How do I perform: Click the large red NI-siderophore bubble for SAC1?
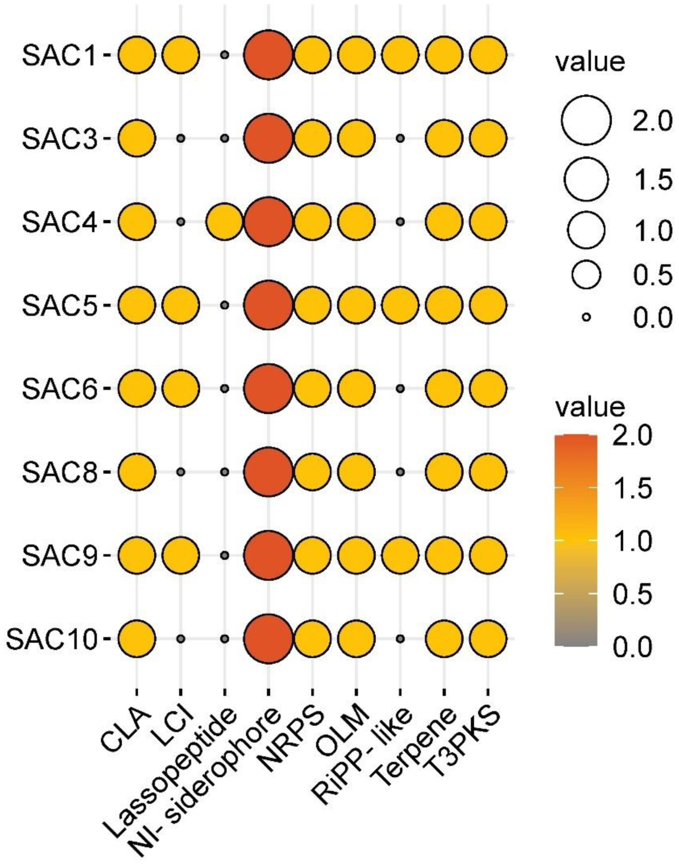coord(268,56)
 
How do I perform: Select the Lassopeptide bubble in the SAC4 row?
coord(224,222)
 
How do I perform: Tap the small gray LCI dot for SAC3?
coord(181,139)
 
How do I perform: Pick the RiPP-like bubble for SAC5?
coord(400,305)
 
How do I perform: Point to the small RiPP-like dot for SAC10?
coord(400,638)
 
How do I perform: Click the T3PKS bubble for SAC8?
coord(488,472)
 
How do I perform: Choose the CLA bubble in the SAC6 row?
coord(137,389)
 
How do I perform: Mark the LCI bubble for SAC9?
coord(181,555)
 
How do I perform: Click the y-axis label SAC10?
coord(51,639)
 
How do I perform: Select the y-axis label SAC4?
coord(59,223)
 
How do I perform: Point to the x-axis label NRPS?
coord(293,738)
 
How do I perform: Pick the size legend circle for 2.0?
coord(586,121)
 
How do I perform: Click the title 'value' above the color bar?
coord(589,407)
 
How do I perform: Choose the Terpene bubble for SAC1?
coord(444,56)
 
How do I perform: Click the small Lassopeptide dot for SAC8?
coord(224,472)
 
